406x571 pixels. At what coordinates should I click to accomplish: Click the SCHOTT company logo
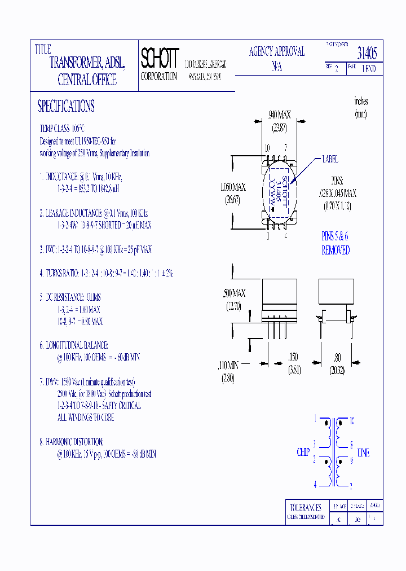(x=160, y=58)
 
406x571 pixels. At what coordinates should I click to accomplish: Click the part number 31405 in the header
(x=367, y=53)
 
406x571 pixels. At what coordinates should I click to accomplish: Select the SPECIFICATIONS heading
(x=66, y=106)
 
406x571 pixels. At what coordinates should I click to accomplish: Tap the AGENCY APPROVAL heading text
(x=277, y=52)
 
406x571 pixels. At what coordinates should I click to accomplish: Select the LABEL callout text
(x=330, y=160)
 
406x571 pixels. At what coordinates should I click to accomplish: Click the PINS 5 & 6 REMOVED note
(x=336, y=244)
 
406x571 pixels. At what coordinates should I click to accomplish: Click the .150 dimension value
(x=293, y=357)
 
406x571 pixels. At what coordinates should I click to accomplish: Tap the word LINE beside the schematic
(x=364, y=453)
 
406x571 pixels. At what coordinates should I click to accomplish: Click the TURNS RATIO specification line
(x=106, y=273)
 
